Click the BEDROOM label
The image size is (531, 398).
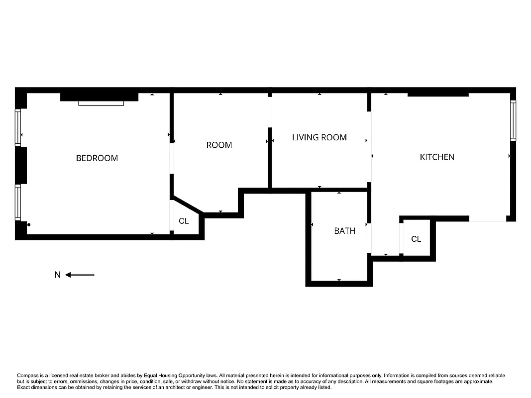97,158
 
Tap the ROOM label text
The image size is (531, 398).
219,145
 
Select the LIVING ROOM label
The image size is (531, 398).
319,137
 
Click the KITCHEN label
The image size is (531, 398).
437,157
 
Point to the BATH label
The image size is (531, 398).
344,231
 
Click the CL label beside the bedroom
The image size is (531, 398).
184,221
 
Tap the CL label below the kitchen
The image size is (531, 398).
416,239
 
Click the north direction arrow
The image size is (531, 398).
80,275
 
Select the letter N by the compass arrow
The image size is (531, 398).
58,275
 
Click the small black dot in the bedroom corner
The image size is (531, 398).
29,225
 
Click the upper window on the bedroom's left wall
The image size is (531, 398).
18,128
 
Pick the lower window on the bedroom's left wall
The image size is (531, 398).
18,202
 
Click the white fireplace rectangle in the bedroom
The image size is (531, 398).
101,103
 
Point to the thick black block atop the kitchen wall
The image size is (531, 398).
438,94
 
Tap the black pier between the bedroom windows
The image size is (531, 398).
21,165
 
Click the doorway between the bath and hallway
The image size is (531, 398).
369,238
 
